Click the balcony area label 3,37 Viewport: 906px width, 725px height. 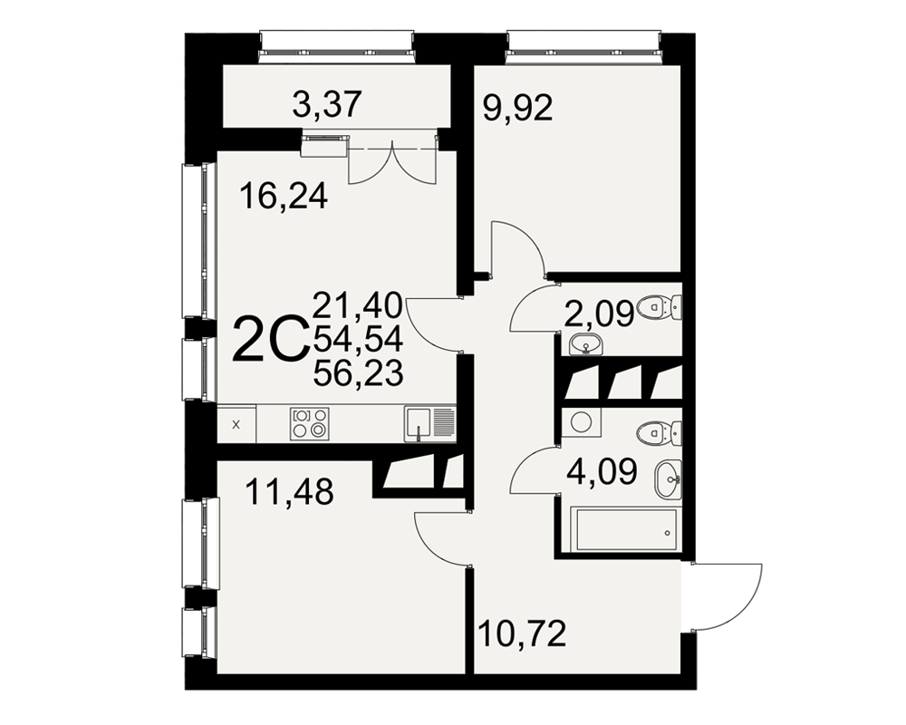[327, 105]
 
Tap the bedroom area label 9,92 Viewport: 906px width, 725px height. [517, 108]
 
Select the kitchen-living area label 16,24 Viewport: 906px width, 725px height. [284, 196]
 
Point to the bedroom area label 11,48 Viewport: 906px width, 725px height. [290, 492]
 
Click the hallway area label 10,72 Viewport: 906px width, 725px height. [523, 633]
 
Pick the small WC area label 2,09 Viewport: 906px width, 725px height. [599, 314]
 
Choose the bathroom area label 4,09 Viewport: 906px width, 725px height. [602, 471]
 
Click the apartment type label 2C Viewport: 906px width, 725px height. [269, 339]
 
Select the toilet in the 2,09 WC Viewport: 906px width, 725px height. [659, 306]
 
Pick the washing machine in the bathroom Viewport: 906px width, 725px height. [581, 422]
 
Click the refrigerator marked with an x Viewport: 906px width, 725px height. [236, 424]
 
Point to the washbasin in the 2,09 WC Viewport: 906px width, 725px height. [586, 346]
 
